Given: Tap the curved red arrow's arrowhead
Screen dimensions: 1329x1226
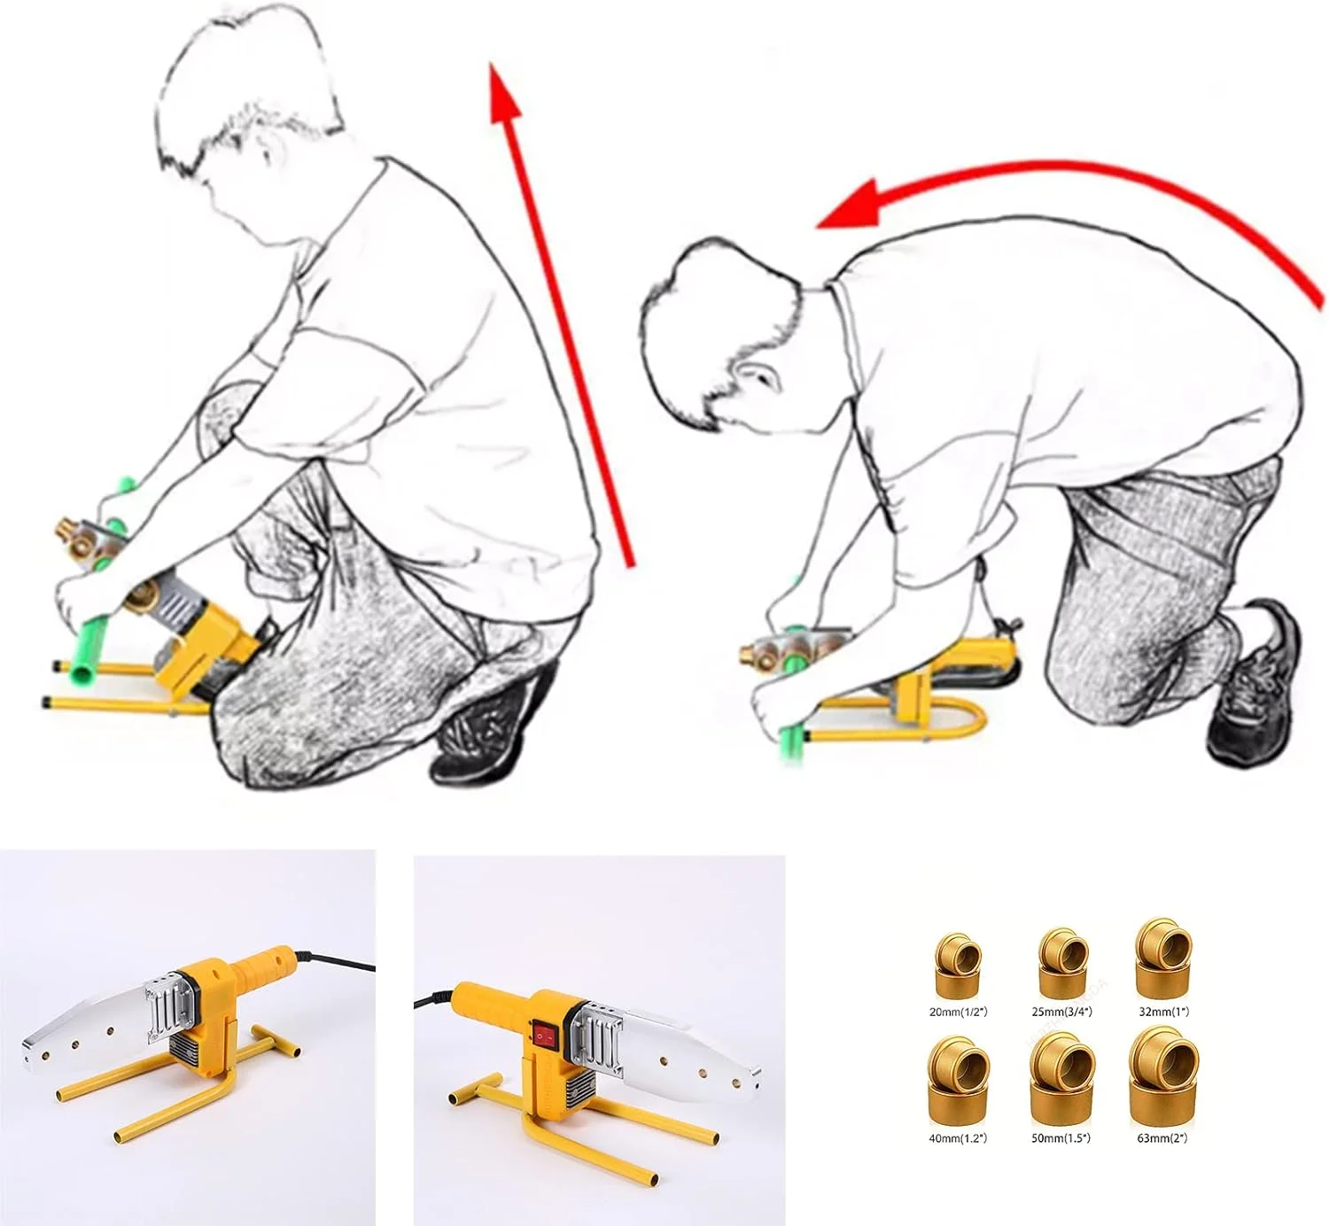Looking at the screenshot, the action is pyautogui.click(x=849, y=205).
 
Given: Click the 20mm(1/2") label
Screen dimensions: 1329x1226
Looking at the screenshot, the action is pyautogui.click(x=958, y=1012).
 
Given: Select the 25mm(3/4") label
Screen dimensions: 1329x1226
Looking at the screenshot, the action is pyautogui.click(x=1062, y=1012).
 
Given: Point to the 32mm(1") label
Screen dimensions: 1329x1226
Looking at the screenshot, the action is pyautogui.click(x=1163, y=1012).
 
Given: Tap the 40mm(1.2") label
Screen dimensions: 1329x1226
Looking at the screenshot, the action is pyautogui.click(x=958, y=1137).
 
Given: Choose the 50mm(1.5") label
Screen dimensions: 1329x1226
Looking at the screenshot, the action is pyautogui.click(x=1062, y=1137).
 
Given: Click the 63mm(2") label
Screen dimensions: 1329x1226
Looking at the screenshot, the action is pyautogui.click(x=1163, y=1137).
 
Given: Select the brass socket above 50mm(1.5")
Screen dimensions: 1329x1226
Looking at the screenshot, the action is pyautogui.click(x=1062, y=1085).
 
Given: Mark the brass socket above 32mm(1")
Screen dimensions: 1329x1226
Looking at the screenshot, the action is pyautogui.click(x=1163, y=961).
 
